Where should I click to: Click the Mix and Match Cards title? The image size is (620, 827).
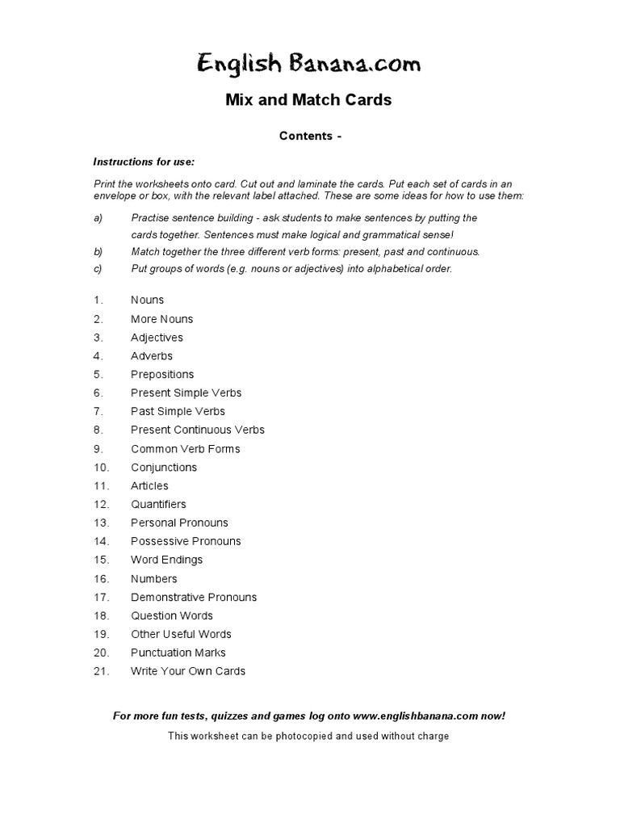tap(308, 100)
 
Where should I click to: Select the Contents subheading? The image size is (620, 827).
tap(310, 136)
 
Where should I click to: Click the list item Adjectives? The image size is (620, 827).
tap(157, 338)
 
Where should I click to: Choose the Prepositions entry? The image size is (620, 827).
tap(162, 375)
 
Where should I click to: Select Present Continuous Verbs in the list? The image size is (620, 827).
tap(197, 430)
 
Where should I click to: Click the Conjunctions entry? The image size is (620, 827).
tap(164, 468)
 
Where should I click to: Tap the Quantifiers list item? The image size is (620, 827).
tap(158, 505)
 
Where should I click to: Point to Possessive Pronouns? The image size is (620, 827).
tap(186, 542)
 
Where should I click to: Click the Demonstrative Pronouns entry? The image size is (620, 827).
tap(194, 598)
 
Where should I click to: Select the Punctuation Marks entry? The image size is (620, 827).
tap(178, 653)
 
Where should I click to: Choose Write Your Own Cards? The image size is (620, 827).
tap(188, 672)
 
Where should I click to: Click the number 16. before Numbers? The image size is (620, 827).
tap(101, 579)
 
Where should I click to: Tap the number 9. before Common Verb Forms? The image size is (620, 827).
tap(98, 449)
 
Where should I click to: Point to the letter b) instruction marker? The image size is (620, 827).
tap(98, 252)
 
